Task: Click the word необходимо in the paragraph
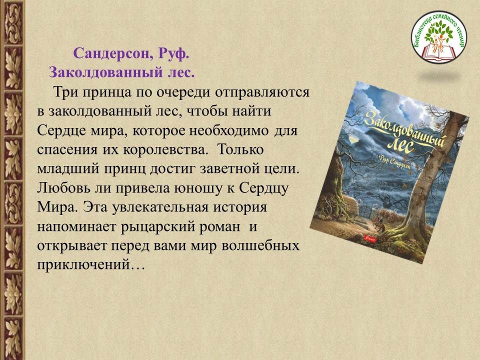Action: [228, 130]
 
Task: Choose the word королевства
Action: [166, 150]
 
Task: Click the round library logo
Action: [439, 36]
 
